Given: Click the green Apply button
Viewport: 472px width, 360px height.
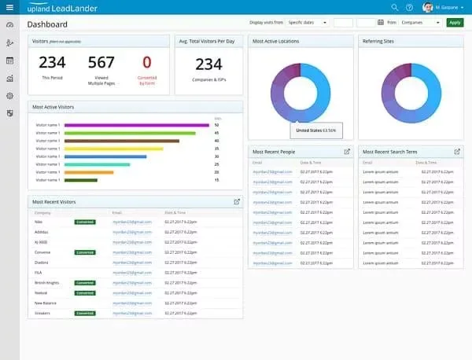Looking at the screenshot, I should click(x=455, y=23).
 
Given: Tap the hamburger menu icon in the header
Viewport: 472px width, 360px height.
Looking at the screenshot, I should click(x=9, y=7).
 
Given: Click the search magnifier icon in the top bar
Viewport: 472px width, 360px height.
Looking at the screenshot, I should click(x=395, y=7).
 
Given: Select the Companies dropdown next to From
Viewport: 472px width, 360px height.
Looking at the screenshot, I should click(x=422, y=23).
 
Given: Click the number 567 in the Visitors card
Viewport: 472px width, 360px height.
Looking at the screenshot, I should click(x=101, y=63).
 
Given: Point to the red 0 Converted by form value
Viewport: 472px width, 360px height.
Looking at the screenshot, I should click(x=146, y=63).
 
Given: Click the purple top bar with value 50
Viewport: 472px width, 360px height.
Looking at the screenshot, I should click(x=136, y=125).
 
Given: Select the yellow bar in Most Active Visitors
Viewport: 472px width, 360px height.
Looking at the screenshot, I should click(x=113, y=149).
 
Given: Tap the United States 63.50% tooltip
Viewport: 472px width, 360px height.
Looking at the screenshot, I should click(x=315, y=130).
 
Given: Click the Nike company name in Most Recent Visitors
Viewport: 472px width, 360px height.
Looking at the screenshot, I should click(x=39, y=222).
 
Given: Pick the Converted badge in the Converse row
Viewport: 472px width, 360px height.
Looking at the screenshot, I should click(x=85, y=252).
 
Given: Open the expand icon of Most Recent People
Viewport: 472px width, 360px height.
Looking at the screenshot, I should click(x=347, y=151).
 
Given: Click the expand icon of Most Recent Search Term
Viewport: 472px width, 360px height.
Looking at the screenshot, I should click(x=457, y=151).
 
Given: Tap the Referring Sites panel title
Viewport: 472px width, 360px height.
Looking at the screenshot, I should click(x=378, y=41).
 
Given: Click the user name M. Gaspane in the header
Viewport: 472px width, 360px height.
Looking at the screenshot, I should click(x=448, y=7).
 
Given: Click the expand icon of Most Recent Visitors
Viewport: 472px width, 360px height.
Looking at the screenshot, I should click(x=237, y=202).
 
